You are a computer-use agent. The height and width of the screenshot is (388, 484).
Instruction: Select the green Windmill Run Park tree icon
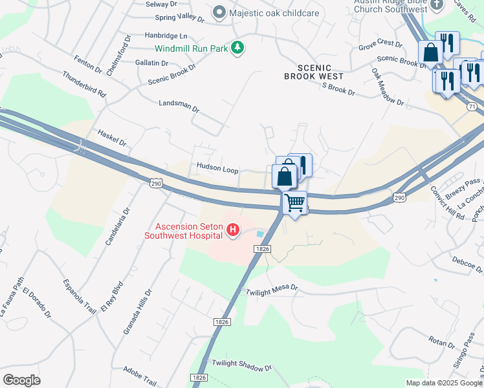238,47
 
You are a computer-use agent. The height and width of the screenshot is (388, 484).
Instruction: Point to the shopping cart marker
295,203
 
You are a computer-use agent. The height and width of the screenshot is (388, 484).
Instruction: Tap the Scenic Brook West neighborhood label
314,72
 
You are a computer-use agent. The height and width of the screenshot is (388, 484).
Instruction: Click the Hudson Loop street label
217,168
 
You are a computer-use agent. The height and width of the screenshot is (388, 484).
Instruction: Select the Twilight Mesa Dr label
271,292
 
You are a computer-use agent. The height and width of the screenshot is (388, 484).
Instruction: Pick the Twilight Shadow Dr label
242,367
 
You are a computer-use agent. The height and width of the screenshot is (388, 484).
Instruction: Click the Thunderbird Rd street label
84,83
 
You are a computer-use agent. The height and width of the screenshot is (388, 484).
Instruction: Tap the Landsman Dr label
179,103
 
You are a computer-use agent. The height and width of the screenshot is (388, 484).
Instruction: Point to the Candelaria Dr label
117,226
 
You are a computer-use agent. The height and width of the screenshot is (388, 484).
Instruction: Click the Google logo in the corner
21,380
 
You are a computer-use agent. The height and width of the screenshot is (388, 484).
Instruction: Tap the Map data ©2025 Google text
443,383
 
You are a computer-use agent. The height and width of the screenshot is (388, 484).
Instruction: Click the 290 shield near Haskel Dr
156,184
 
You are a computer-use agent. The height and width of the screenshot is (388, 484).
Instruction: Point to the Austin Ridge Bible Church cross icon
436,5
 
